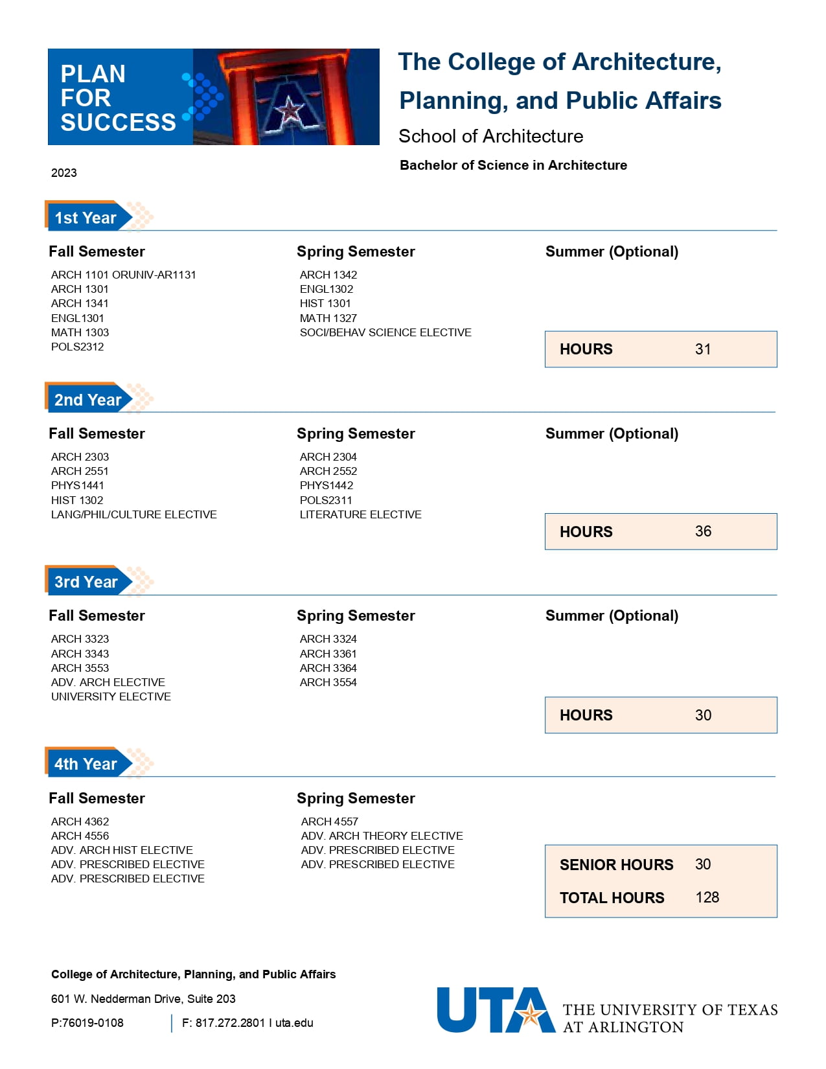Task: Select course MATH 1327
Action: click(x=328, y=318)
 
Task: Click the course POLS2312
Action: click(x=77, y=347)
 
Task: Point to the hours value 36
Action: click(x=703, y=531)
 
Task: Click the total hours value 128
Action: click(x=707, y=897)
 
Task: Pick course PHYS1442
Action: click(x=326, y=485)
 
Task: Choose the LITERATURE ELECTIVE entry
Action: click(x=360, y=514)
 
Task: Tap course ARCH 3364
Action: click(x=328, y=668)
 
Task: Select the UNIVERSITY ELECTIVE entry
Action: click(x=111, y=696)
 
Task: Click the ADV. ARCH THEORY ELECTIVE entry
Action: click(x=382, y=836)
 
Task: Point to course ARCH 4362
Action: click(x=80, y=822)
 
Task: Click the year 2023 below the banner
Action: click(x=63, y=173)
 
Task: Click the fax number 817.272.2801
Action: click(x=230, y=1023)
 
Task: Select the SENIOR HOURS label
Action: click(x=616, y=865)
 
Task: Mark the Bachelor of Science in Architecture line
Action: click(x=513, y=165)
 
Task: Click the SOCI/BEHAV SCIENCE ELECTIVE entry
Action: click(x=385, y=332)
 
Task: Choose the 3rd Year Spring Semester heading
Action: click(x=356, y=615)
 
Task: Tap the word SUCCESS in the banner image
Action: click(x=118, y=122)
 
